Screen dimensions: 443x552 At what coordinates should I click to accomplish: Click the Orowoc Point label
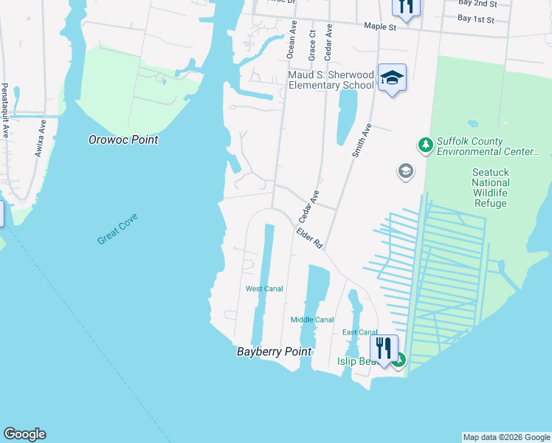(x=123, y=139)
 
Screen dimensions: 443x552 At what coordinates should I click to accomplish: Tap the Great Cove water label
(x=117, y=229)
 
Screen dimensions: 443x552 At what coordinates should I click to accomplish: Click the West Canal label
(x=264, y=289)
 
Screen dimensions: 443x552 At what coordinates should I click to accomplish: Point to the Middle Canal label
(x=312, y=320)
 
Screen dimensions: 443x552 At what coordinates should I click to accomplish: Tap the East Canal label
(x=360, y=332)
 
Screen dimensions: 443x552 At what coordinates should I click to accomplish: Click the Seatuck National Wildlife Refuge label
(x=490, y=188)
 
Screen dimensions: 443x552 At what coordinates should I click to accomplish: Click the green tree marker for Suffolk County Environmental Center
(x=424, y=145)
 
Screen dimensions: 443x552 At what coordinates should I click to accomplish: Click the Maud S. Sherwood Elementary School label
(x=331, y=80)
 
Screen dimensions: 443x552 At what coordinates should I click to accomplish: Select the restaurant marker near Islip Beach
(x=384, y=348)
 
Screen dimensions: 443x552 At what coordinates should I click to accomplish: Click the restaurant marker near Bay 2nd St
(x=405, y=6)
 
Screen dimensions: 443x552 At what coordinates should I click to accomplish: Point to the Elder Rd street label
(x=310, y=237)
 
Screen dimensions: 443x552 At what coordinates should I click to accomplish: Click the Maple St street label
(x=380, y=26)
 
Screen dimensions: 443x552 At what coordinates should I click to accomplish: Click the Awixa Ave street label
(x=40, y=139)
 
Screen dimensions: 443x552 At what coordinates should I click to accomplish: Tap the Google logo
(x=24, y=434)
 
